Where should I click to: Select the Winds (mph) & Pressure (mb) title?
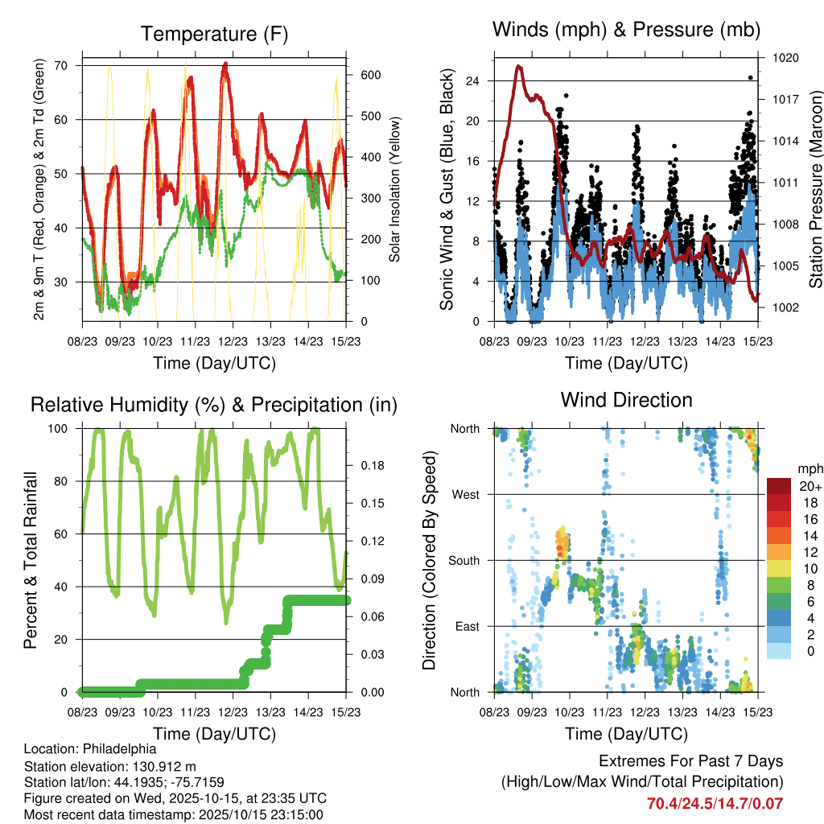(626, 30)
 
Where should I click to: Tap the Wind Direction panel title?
(626, 399)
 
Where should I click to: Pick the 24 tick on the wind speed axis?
(473, 80)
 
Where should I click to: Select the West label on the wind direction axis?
(465, 494)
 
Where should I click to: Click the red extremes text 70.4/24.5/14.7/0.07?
(715, 803)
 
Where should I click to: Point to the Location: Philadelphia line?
(89, 748)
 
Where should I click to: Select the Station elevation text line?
(110, 766)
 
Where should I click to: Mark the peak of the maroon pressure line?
(519, 67)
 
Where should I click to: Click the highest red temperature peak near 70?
(225, 64)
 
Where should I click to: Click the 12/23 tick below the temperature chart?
(233, 341)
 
